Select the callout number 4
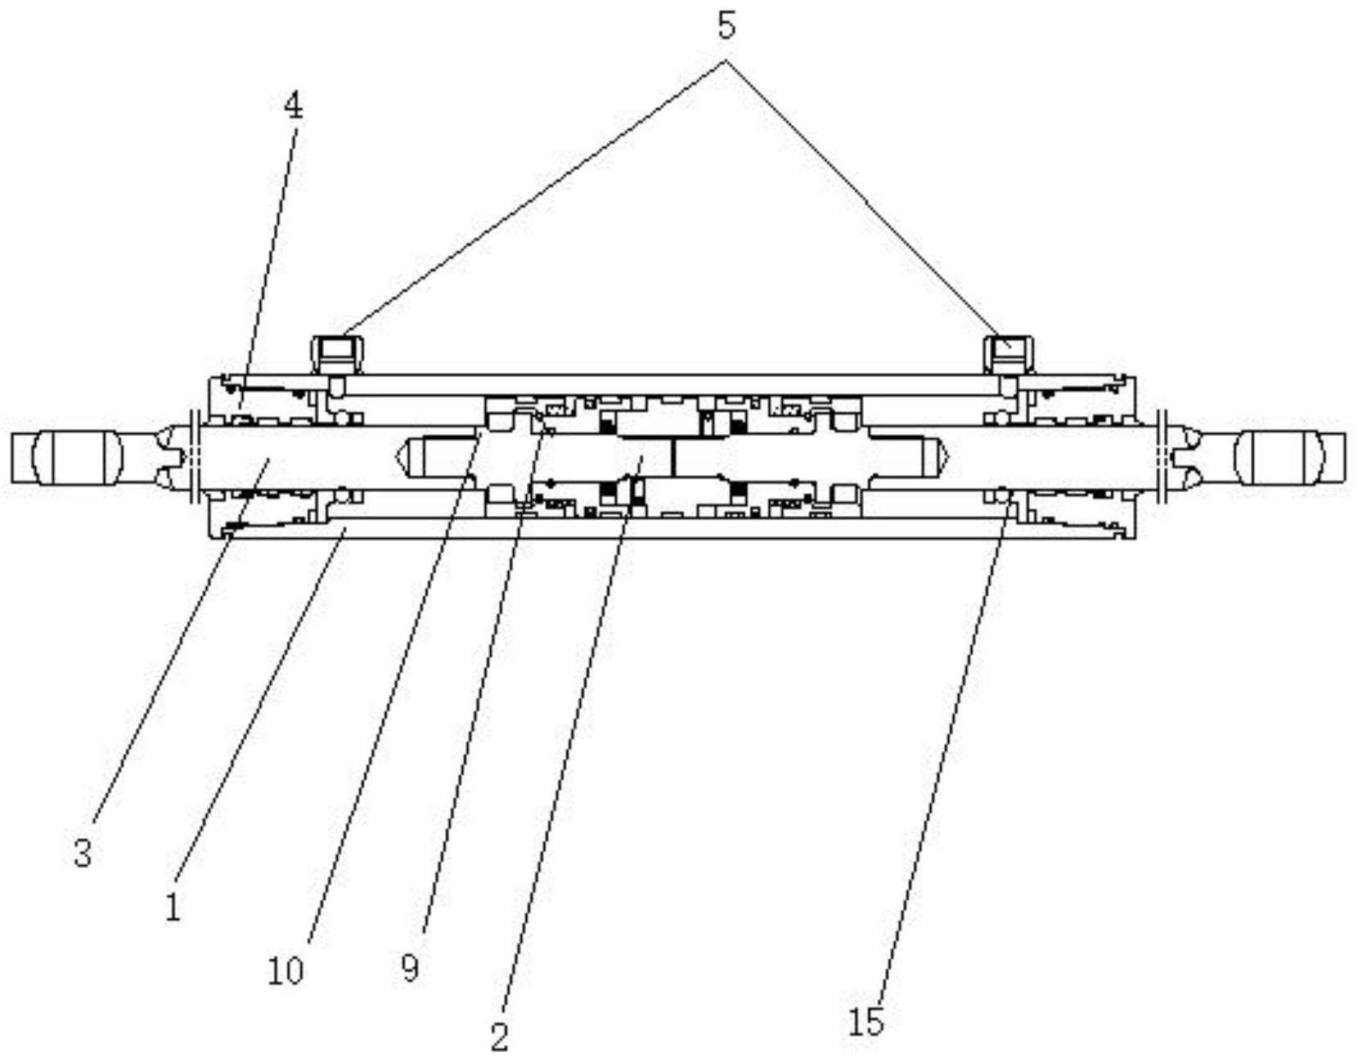coord(293,107)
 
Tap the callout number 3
coord(83,853)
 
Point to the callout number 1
coord(173,908)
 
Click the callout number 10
coord(286,971)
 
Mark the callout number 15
coord(867,1022)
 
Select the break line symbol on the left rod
coord(193,457)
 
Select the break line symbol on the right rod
coord(1162,457)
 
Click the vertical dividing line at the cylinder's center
coord(673,457)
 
